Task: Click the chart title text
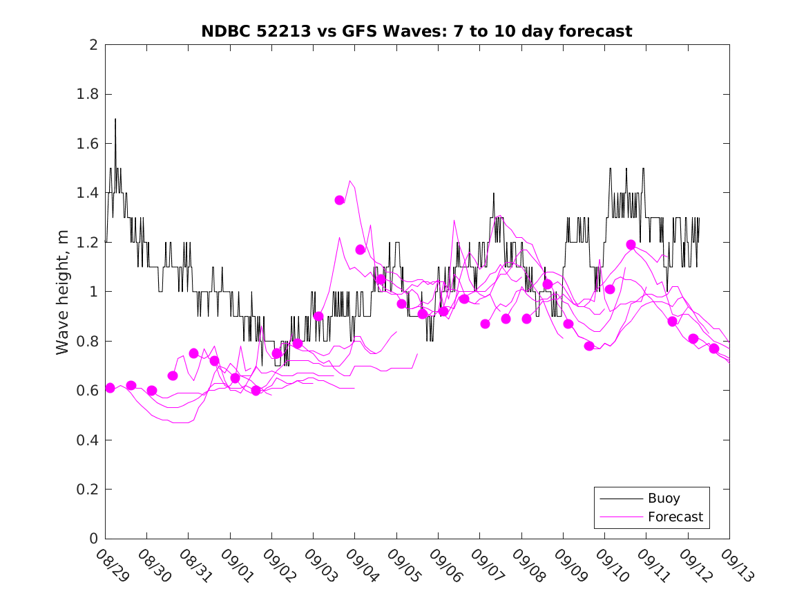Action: point(416,31)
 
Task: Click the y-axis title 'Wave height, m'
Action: point(63,292)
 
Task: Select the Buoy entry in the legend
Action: point(663,499)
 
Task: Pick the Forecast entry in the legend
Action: point(675,516)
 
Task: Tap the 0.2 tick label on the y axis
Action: point(88,490)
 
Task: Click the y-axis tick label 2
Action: point(93,45)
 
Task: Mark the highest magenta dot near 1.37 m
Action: point(340,200)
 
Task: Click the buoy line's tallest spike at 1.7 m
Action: point(115,119)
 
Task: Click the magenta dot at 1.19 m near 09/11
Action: point(631,245)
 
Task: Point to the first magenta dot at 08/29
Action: point(110,388)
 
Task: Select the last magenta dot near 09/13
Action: point(714,348)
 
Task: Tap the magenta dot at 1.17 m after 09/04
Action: point(361,250)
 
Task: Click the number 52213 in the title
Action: point(282,31)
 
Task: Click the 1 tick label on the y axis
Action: point(93,292)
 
